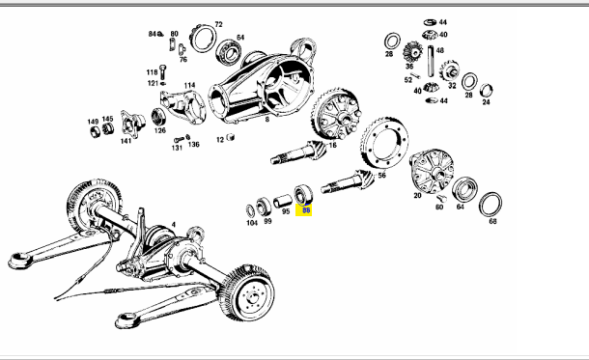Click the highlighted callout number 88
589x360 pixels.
tap(306, 210)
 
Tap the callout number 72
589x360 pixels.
tap(218, 24)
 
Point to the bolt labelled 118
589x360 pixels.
tap(162, 71)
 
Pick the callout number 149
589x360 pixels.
tap(93, 122)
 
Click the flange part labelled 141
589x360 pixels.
tap(132, 124)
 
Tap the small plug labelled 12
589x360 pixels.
tap(230, 137)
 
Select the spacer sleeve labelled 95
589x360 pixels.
tap(283, 201)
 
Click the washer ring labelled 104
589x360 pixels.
tap(250, 211)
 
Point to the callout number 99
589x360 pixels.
tap(267, 221)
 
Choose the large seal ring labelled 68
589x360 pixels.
tap(491, 205)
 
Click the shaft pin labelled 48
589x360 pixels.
tap(431, 61)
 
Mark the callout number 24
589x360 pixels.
tap(486, 102)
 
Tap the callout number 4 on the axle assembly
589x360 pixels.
tap(173, 225)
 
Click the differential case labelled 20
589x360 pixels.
tap(432, 171)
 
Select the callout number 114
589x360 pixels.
tap(189, 85)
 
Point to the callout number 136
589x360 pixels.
tap(194, 145)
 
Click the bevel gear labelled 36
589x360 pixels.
tap(412, 52)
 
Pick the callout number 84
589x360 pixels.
tap(152, 34)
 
